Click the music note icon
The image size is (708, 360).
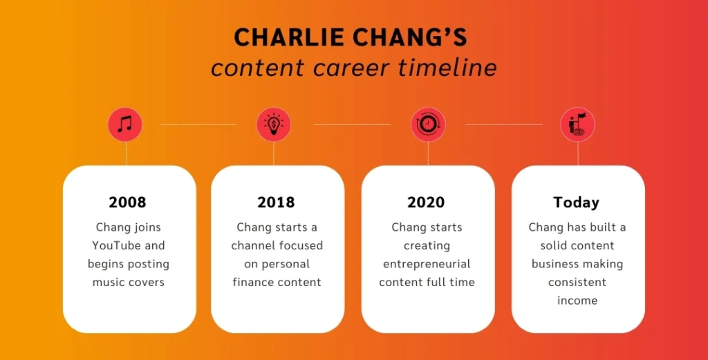[125, 124]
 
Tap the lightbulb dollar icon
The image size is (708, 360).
[274, 124]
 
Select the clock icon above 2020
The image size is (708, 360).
[428, 124]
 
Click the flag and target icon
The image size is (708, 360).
[577, 124]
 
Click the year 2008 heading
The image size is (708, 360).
[128, 202]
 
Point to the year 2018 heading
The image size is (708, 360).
[277, 202]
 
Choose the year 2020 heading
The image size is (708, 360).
[426, 202]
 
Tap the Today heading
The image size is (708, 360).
[576, 202]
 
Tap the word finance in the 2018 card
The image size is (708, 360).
[252, 282]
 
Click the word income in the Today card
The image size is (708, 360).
[577, 301]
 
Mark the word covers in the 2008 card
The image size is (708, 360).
[146, 282]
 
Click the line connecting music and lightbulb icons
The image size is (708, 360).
[198, 124]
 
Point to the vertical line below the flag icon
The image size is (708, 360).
[577, 153]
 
